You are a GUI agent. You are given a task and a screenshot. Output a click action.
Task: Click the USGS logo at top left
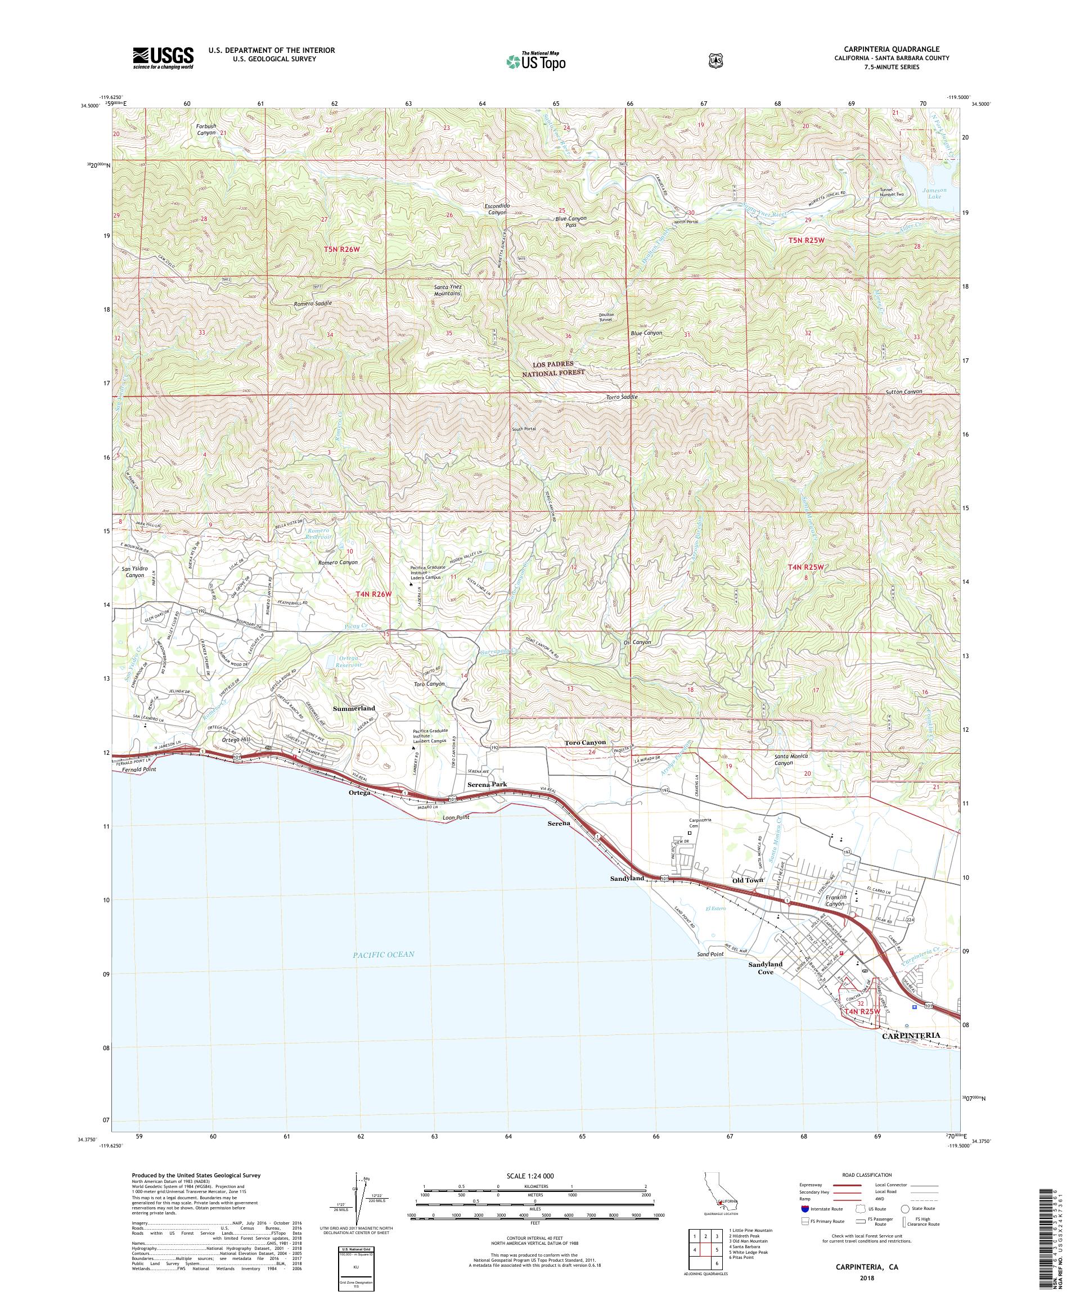coord(163,58)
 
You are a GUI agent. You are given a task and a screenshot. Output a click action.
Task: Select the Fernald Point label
coord(137,769)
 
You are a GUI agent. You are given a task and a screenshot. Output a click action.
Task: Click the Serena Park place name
coord(487,785)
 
